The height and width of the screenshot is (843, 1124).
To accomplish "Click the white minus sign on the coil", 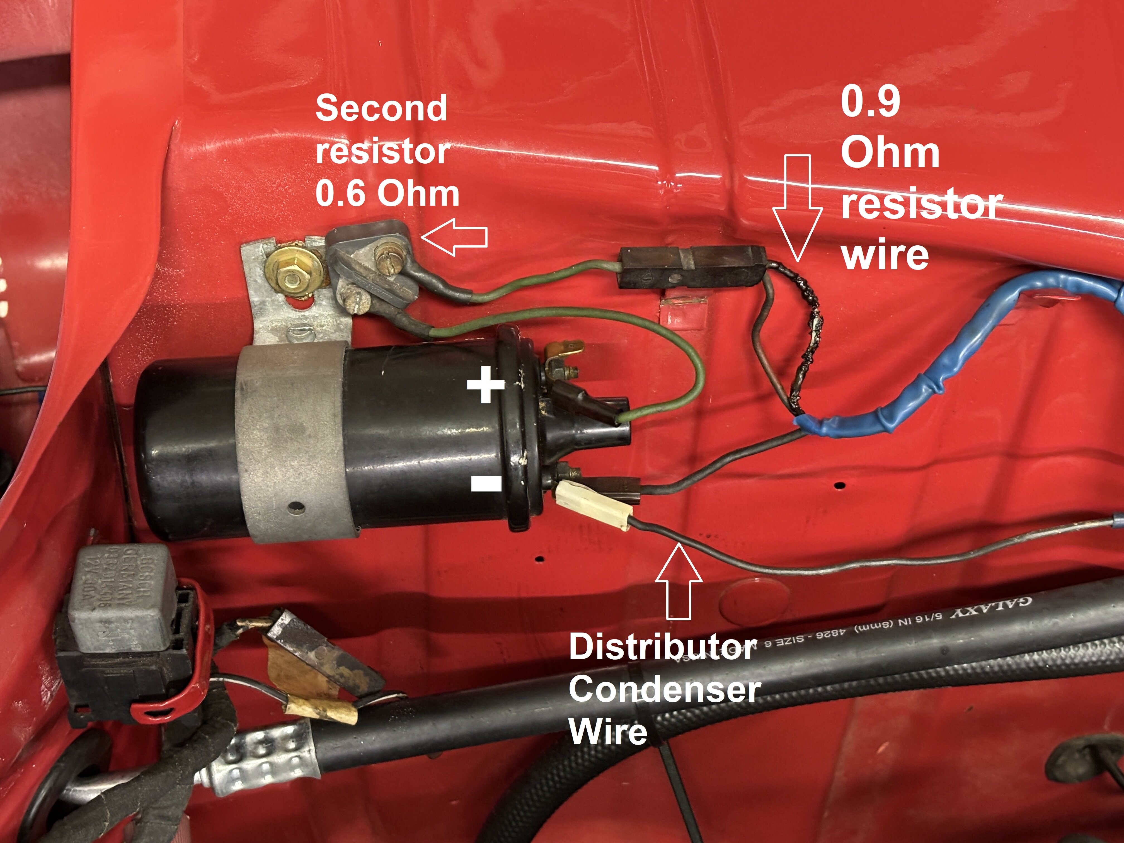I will (x=486, y=483).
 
